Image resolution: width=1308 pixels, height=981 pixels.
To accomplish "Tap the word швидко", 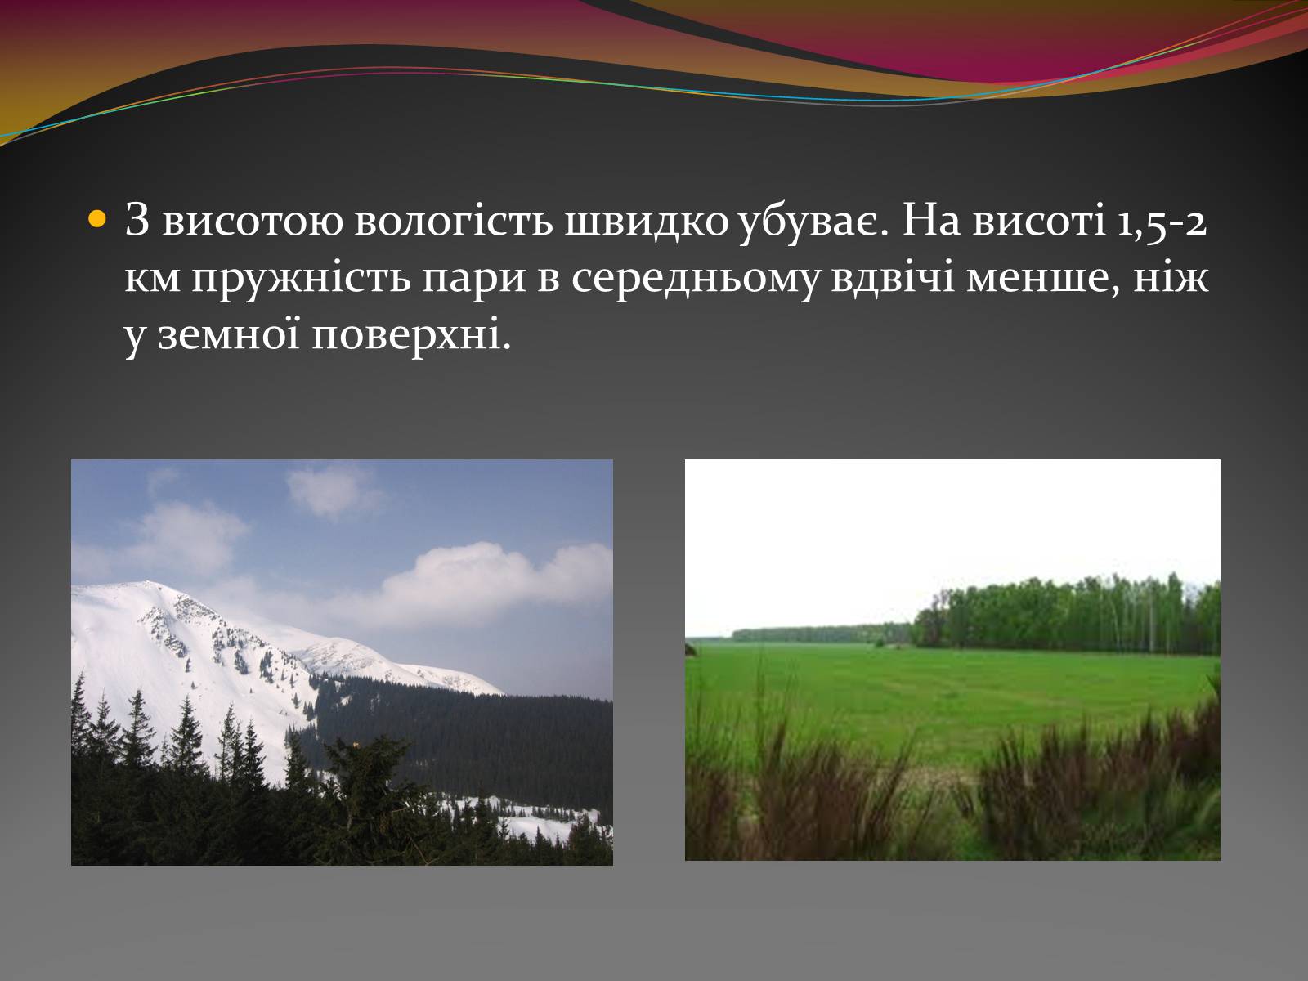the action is pos(646,221).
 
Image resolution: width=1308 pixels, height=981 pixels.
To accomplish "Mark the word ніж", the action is pos(1171,277).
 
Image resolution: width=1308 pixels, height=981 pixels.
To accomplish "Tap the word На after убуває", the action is pos(931,221).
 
